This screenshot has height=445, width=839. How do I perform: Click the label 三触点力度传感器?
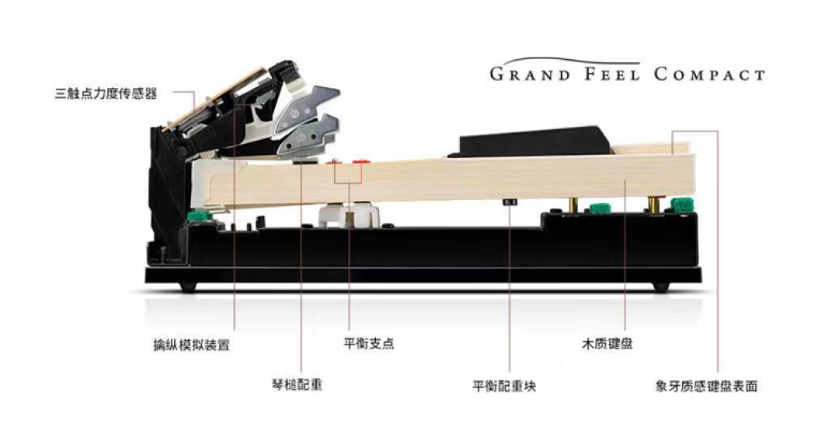pyautogui.click(x=106, y=94)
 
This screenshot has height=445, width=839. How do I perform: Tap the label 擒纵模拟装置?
pyautogui.click(x=192, y=345)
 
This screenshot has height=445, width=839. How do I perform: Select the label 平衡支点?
pyautogui.click(x=369, y=343)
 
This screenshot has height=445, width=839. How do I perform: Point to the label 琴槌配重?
pyautogui.click(x=297, y=384)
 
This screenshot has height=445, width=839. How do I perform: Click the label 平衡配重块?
pyautogui.click(x=504, y=386)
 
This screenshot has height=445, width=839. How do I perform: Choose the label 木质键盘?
pyautogui.click(x=607, y=344)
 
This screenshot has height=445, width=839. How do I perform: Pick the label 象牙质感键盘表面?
pyautogui.click(x=706, y=386)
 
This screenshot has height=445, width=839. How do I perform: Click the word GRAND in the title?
pyautogui.click(x=531, y=74)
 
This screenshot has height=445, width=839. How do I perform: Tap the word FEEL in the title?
pyautogui.click(x=612, y=74)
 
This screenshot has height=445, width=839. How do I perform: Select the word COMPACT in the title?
pyautogui.click(x=709, y=74)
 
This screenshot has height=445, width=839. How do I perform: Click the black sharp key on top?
pyautogui.click(x=532, y=141)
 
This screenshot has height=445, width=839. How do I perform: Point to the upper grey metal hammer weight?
pyautogui.click(x=308, y=105)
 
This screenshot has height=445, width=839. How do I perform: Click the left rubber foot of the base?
pyautogui.click(x=188, y=287)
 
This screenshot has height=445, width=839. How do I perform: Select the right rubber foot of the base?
pyautogui.click(x=661, y=287)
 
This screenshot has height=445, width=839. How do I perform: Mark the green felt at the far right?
pyautogui.click(x=682, y=205)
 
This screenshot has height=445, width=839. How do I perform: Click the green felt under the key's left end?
pyautogui.click(x=200, y=216)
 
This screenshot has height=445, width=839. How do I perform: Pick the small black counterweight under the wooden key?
pyautogui.click(x=510, y=202)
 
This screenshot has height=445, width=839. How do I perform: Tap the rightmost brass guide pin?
pyautogui.click(x=653, y=205)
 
